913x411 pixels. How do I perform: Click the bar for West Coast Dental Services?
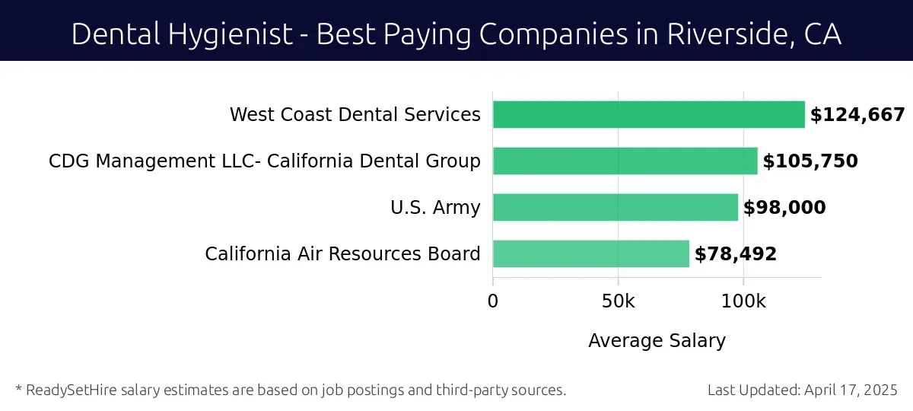tap(648, 115)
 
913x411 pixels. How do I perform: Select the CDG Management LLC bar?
tap(625, 161)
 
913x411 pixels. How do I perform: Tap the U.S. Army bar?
tap(615, 207)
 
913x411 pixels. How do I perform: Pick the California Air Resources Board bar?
tap(590, 253)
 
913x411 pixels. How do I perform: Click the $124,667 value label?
tap(857, 115)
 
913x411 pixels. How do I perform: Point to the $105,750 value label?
tap(810, 161)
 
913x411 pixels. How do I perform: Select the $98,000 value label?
tap(784, 208)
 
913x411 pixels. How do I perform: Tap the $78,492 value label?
tap(736, 254)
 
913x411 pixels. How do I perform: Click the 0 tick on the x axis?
tap(493, 301)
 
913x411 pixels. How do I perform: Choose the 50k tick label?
tap(618, 301)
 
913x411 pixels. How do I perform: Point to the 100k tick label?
tap(743, 301)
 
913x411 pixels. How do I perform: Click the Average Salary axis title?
tap(657, 340)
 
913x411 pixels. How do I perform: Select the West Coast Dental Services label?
tap(355, 115)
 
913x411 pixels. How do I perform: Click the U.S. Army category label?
tap(435, 208)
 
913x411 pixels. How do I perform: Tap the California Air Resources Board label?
tap(342, 254)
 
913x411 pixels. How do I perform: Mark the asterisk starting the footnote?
tap(18, 389)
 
